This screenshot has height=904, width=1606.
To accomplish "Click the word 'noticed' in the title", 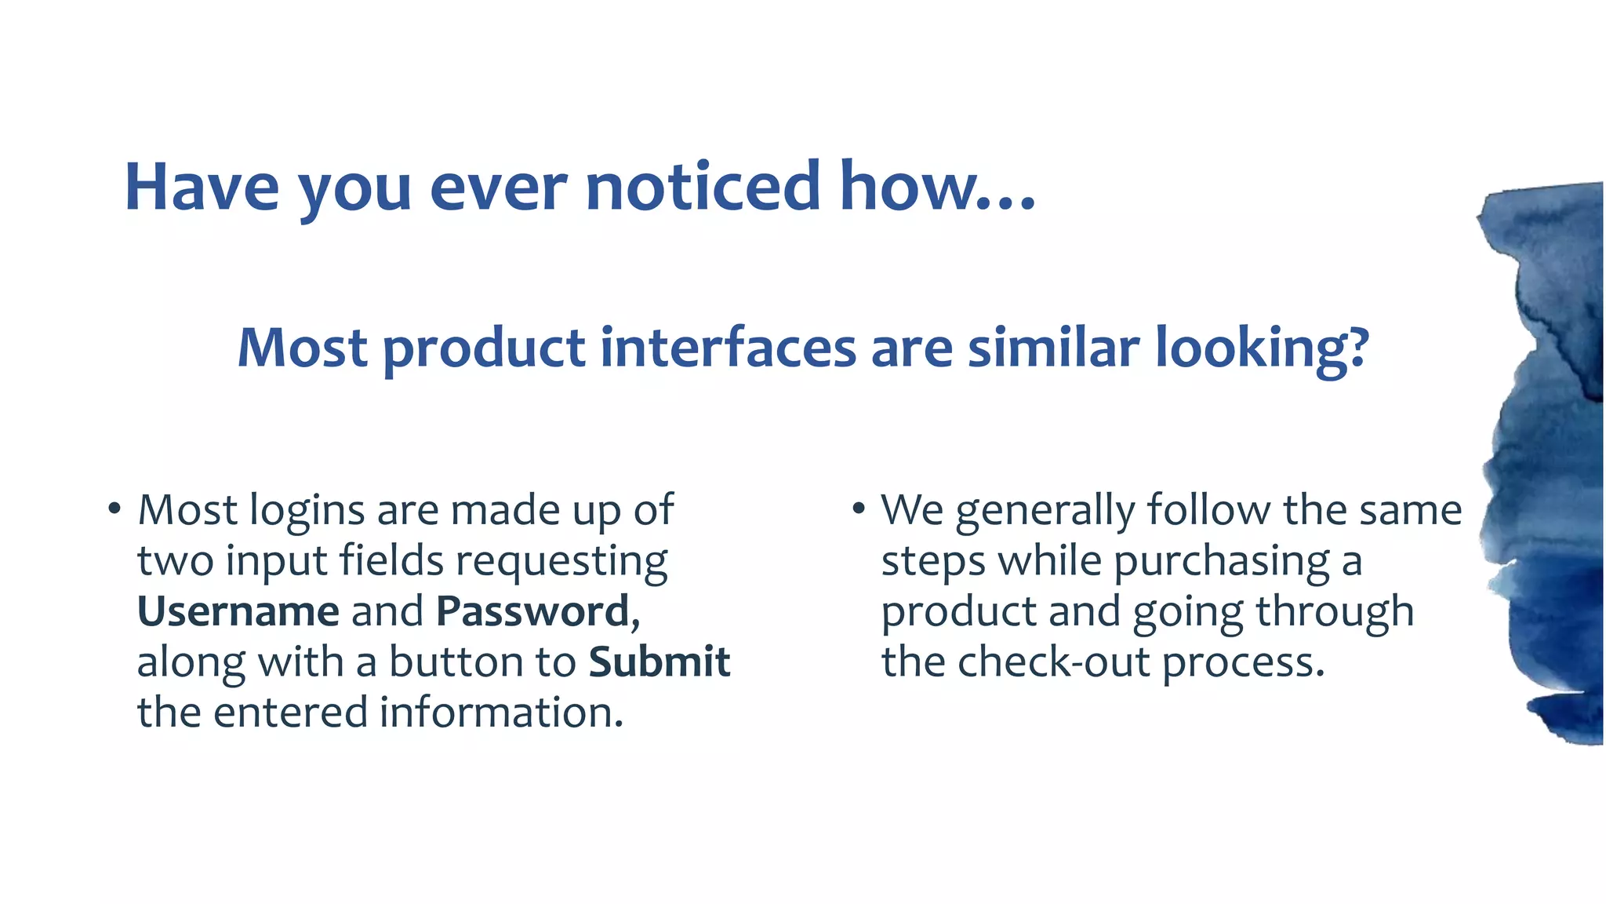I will click(x=703, y=188).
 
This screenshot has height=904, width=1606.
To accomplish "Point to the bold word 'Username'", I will click(x=238, y=611).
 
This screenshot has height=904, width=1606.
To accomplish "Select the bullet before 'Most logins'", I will click(x=114, y=509).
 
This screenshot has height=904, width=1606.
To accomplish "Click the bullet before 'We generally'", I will click(x=859, y=509).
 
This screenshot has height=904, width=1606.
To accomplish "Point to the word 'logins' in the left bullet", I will click(x=307, y=512).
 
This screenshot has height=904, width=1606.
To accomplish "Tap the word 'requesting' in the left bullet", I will click(x=561, y=562).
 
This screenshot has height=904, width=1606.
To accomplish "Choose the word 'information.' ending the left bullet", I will click(x=501, y=712).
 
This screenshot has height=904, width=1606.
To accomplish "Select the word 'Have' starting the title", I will click(x=202, y=188).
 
